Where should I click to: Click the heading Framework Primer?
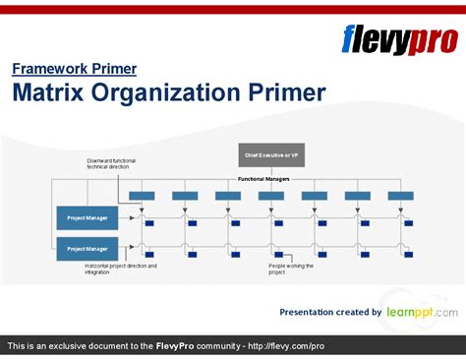point(74,69)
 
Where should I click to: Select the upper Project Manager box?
point(88,217)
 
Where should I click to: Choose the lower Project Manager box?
point(88,249)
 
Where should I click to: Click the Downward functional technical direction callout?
point(110,163)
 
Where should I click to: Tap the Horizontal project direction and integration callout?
point(120,269)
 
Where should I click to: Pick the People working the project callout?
point(292,269)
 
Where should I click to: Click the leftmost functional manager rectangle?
point(142,196)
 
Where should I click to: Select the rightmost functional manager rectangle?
point(400,196)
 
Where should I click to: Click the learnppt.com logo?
point(422,311)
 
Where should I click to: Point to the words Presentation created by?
point(330,312)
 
